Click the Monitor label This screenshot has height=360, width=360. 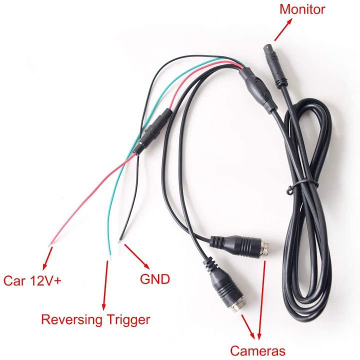click(x=302, y=9)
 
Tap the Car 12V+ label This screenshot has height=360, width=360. click(x=32, y=280)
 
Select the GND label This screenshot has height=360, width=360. click(x=154, y=279)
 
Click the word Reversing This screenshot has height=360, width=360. click(x=71, y=320)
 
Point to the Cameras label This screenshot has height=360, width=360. click(x=257, y=351)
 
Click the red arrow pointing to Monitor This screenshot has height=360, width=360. click(x=283, y=29)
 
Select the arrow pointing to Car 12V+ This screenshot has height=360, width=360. click(x=47, y=258)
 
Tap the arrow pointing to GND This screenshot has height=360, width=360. click(x=137, y=256)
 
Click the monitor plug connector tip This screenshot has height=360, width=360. click(x=266, y=47)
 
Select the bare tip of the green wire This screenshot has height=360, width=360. click(x=110, y=256)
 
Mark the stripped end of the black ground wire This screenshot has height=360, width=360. click(x=120, y=240)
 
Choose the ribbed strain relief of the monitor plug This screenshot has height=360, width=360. click(x=281, y=82)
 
